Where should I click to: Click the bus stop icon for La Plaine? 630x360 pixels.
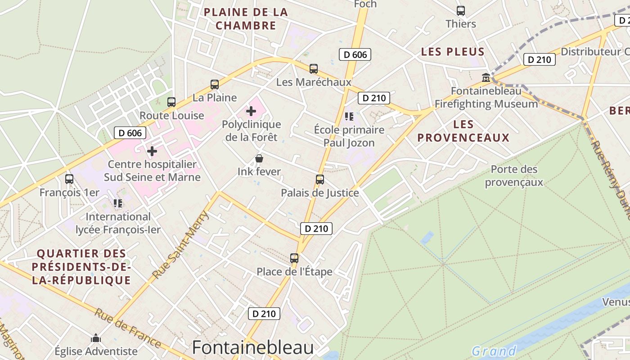pyautogui.click(x=215, y=84)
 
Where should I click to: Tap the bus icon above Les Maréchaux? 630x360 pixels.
pyautogui.click(x=314, y=69)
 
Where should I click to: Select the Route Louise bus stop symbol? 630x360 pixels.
pyautogui.click(x=171, y=102)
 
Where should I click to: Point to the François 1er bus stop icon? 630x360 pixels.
pyautogui.click(x=69, y=179)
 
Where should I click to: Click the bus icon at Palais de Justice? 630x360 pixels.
pyautogui.click(x=320, y=180)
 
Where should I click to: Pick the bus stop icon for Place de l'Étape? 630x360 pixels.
pyautogui.click(x=294, y=258)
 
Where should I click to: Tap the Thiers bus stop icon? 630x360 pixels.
pyautogui.click(x=461, y=11)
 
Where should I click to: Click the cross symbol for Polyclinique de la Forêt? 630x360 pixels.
pyautogui.click(x=251, y=111)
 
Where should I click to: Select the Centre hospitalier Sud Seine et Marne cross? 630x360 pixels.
pyautogui.click(x=152, y=151)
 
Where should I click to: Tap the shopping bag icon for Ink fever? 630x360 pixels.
pyautogui.click(x=259, y=158)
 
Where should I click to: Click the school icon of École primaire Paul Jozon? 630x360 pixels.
pyautogui.click(x=349, y=117)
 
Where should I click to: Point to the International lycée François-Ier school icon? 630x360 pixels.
pyautogui.click(x=118, y=203)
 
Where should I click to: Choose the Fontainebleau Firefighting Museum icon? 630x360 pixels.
pyautogui.click(x=486, y=77)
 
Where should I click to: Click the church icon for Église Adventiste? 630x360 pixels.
pyautogui.click(x=96, y=338)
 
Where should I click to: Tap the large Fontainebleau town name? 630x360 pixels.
pyautogui.click(x=253, y=348)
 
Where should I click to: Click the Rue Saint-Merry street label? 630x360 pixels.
pyautogui.click(x=181, y=244)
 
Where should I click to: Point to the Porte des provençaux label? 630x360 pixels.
pyautogui.click(x=514, y=176)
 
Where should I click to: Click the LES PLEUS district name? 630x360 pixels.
pyautogui.click(x=453, y=52)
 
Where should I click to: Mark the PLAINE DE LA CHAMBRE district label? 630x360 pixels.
pyautogui.click(x=246, y=19)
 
